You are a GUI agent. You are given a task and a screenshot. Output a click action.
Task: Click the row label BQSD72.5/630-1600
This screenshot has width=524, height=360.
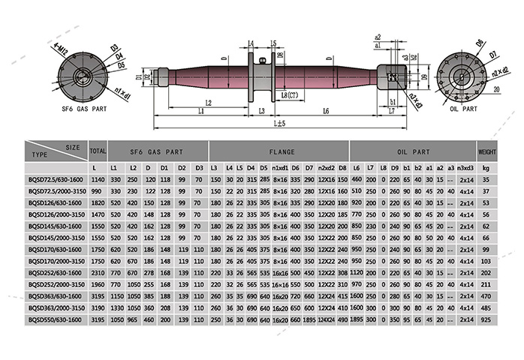pos(56,180)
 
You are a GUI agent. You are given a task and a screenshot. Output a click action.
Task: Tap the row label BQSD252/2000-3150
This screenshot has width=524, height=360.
pos(56,284)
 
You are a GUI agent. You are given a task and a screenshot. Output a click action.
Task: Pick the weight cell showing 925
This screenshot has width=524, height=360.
pos(486,319)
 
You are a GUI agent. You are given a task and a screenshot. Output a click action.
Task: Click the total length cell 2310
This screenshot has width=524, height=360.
pos(97,272)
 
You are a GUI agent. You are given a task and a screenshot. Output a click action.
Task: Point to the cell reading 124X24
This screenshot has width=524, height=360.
pos(326,319)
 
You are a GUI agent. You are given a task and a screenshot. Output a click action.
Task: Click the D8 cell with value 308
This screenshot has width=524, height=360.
pos(342,272)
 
